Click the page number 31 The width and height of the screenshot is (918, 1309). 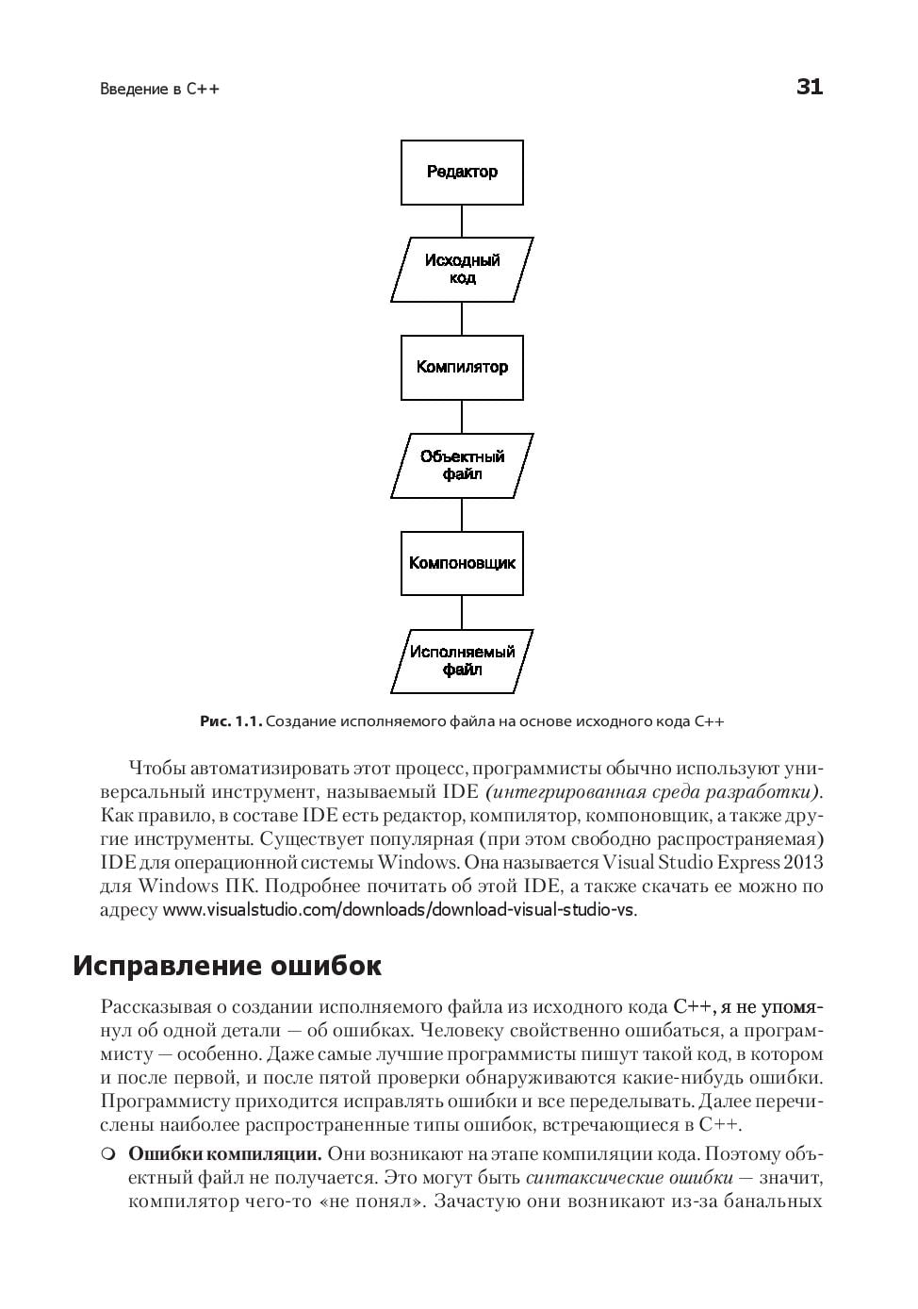(x=809, y=87)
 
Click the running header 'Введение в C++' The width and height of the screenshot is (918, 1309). (x=159, y=90)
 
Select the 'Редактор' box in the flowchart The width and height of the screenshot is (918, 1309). (x=462, y=173)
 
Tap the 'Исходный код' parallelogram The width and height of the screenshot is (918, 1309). (x=462, y=270)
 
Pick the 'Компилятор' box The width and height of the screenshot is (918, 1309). (x=462, y=368)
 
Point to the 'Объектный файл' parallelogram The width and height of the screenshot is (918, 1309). (x=462, y=466)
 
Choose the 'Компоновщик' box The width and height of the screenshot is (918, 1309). (x=462, y=564)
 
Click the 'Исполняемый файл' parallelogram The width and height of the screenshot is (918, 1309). (x=462, y=661)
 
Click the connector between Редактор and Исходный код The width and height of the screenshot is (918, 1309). (x=462, y=221)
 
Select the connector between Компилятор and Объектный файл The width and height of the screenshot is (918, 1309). (x=462, y=417)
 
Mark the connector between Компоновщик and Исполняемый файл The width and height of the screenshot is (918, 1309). (x=462, y=612)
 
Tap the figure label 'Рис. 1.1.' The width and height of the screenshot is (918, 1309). (x=230, y=721)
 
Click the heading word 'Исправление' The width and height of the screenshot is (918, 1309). (x=169, y=966)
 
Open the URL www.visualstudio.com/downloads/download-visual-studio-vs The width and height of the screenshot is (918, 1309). (x=399, y=910)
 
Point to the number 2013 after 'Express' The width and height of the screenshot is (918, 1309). (x=804, y=862)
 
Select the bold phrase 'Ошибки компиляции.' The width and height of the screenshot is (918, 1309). (x=225, y=1154)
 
